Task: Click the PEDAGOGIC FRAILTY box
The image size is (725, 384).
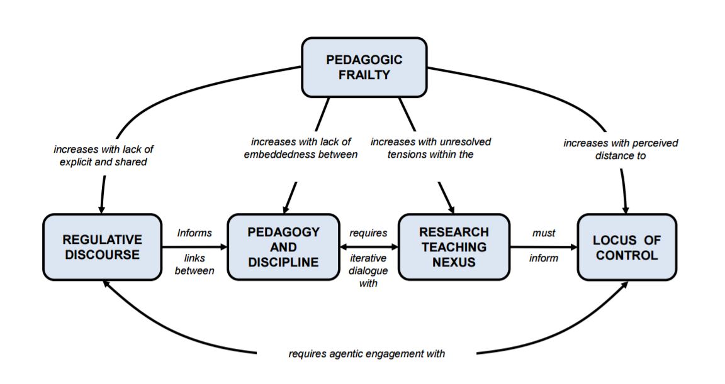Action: (x=364, y=67)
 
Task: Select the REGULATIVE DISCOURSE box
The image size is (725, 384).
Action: (x=102, y=247)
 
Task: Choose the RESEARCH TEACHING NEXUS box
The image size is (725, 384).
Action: (x=453, y=247)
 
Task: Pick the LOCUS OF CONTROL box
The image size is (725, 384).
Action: (x=627, y=247)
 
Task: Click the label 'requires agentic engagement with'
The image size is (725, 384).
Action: (x=367, y=354)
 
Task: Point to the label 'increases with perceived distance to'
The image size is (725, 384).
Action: (x=621, y=149)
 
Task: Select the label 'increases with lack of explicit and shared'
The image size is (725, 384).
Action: (x=103, y=155)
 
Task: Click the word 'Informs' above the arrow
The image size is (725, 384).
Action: (x=194, y=233)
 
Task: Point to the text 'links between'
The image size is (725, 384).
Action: (x=194, y=264)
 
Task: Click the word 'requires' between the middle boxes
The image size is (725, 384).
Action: (x=368, y=233)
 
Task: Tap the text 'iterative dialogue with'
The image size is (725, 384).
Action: (x=368, y=270)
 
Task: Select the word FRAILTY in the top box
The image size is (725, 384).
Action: (x=364, y=75)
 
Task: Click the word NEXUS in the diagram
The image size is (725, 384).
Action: (x=453, y=261)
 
